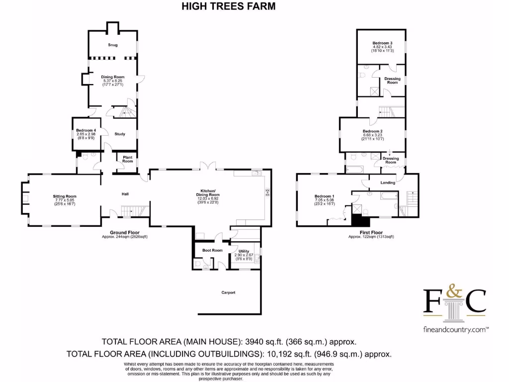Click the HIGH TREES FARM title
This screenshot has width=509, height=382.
click(229, 6)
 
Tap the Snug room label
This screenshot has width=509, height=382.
click(113, 45)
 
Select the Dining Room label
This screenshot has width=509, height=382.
click(113, 77)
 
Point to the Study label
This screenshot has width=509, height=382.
click(120, 134)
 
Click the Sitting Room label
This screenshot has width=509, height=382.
click(65, 196)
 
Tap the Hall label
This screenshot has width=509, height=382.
click(126, 194)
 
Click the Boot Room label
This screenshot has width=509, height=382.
click(212, 250)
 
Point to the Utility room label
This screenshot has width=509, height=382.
click(244, 251)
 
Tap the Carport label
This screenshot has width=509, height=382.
click(228, 292)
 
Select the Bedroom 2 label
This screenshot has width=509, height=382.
click(372, 132)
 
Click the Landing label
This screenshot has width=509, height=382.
click(388, 183)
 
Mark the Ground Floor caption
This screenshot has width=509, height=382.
click(124, 232)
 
